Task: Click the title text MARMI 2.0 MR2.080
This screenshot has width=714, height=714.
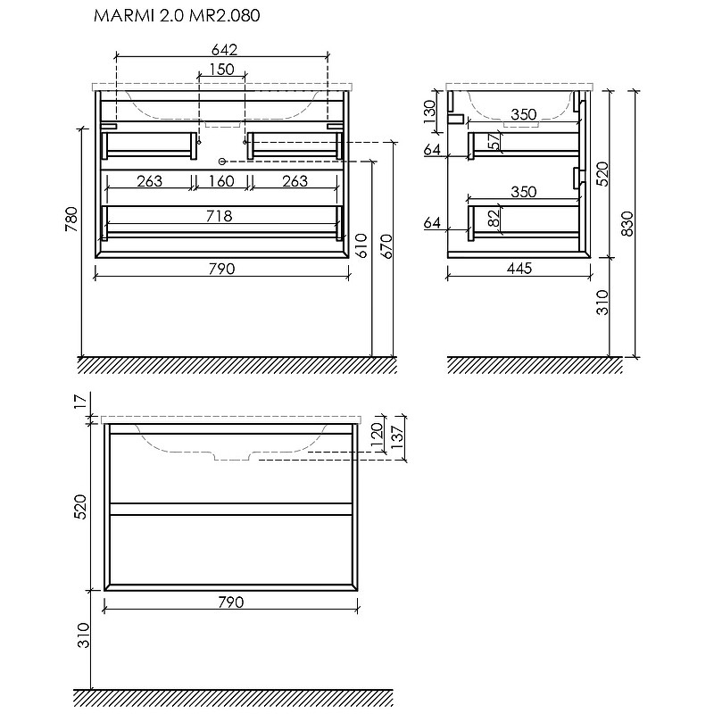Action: click(x=177, y=15)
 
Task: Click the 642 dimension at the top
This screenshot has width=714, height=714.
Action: click(x=225, y=49)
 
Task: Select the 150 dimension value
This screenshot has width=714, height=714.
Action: click(x=221, y=70)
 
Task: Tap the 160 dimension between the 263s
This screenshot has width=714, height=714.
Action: click(x=221, y=181)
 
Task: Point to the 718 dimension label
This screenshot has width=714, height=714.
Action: click(x=220, y=216)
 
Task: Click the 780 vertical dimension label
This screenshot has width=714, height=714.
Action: click(x=72, y=219)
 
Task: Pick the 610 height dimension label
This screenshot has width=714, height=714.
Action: click(x=361, y=246)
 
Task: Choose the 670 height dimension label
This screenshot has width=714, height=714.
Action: click(x=386, y=246)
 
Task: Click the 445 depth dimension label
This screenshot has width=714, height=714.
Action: click(x=519, y=269)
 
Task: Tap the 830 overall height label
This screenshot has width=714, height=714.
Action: click(x=627, y=224)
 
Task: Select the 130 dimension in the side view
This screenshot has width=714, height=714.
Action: click(x=430, y=112)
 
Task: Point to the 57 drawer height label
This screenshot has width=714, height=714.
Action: click(x=494, y=141)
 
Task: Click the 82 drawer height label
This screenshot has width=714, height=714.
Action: click(x=494, y=219)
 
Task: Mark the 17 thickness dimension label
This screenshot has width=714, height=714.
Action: click(x=80, y=401)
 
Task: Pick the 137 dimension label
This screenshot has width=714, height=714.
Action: click(x=397, y=436)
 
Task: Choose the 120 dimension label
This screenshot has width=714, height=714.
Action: click(x=377, y=436)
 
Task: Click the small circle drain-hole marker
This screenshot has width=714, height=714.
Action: click(x=222, y=161)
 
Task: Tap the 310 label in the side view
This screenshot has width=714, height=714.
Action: click(x=602, y=302)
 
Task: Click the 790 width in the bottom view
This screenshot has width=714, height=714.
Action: click(x=231, y=602)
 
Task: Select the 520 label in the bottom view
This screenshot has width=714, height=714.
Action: click(x=80, y=507)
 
